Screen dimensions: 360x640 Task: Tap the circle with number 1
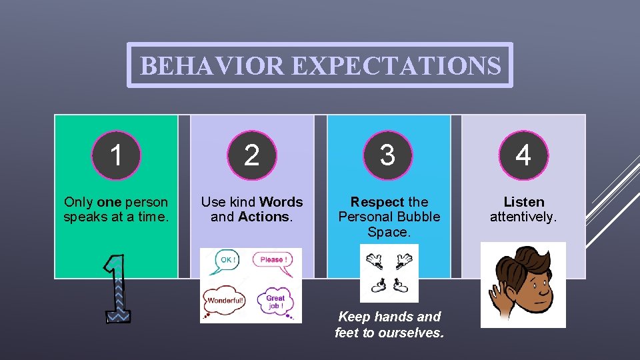click(x=116, y=155)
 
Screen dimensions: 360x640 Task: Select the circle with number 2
click(x=252, y=155)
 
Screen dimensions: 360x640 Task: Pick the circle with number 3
click(x=387, y=155)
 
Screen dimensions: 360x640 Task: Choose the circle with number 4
click(x=523, y=155)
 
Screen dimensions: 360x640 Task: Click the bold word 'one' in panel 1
click(x=109, y=202)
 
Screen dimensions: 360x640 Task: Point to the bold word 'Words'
click(x=281, y=202)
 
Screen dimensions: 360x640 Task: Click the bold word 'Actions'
click(x=264, y=217)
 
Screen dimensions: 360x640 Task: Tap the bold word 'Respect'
click(x=377, y=202)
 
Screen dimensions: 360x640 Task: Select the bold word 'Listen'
click(x=523, y=202)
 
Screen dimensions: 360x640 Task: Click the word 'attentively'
click(x=522, y=217)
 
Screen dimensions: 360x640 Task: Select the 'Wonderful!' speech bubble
click(x=224, y=301)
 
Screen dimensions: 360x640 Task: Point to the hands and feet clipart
click(x=389, y=273)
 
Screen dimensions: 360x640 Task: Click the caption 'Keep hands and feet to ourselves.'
click(x=389, y=324)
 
